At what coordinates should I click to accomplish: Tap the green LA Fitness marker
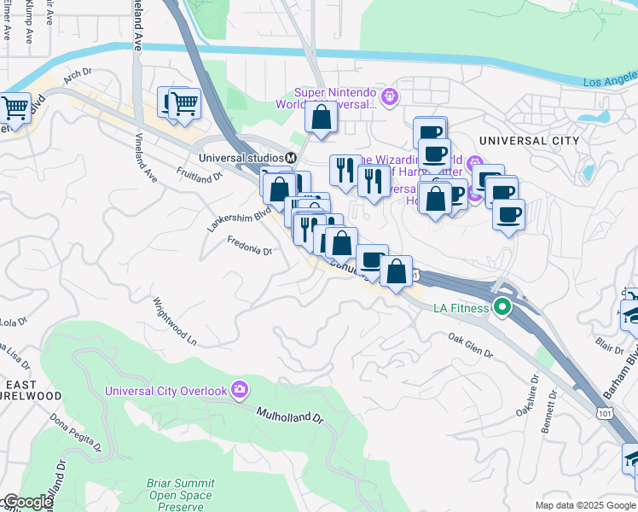click(503, 307)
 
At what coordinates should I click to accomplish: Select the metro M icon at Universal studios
click(290, 158)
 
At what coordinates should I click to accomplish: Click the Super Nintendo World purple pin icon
click(390, 96)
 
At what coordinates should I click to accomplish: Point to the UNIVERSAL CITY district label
click(529, 141)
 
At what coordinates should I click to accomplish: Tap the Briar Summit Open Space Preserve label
click(182, 493)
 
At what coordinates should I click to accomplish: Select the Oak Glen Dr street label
click(471, 350)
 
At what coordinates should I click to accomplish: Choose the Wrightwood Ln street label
click(174, 321)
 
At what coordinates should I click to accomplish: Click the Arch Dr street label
click(77, 75)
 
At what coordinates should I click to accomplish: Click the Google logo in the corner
click(27, 502)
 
